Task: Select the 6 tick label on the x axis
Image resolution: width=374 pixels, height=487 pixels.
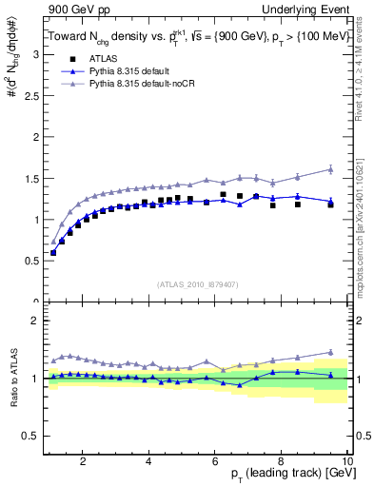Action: click(x=215, y=461)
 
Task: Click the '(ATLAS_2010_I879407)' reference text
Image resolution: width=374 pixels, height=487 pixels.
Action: click(x=198, y=282)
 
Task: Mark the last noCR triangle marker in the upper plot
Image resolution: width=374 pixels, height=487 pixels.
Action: click(x=330, y=169)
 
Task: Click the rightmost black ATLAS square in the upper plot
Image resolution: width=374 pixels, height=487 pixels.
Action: click(x=330, y=205)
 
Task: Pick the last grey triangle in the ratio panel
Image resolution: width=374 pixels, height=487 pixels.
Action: click(x=330, y=352)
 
